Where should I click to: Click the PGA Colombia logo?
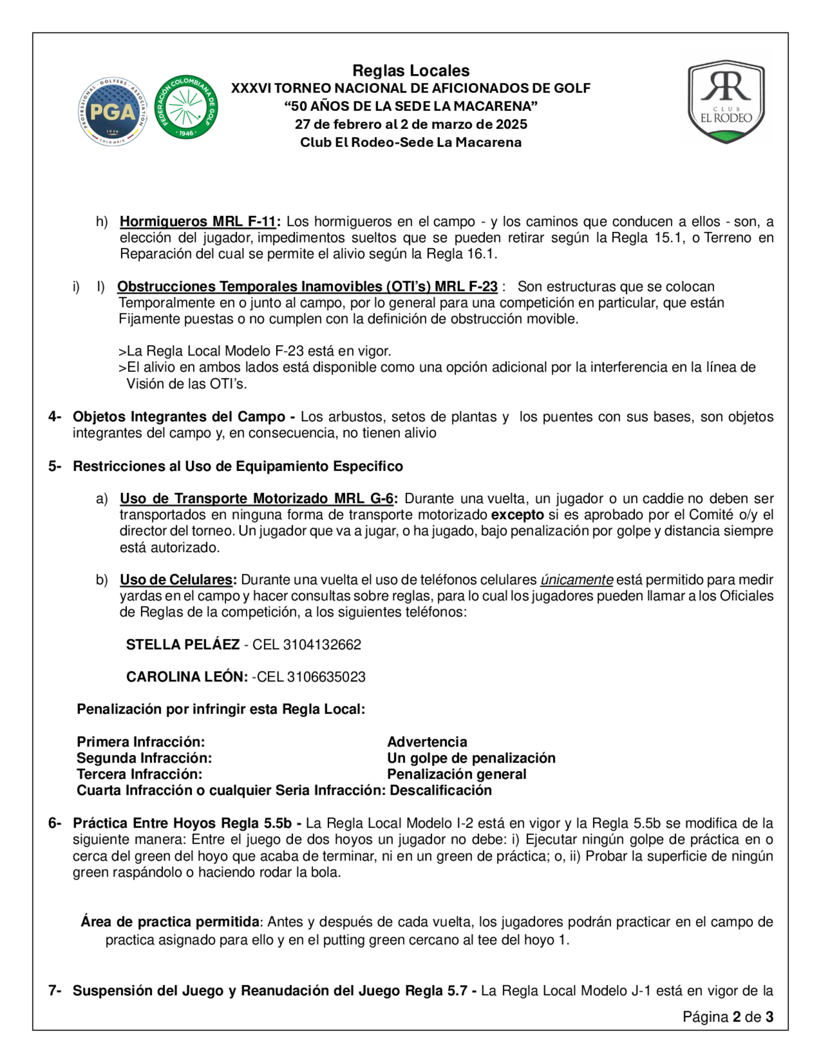point(113,111)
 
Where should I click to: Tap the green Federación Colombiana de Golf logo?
point(186,107)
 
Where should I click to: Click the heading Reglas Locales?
point(410,71)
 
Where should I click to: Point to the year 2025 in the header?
point(511,124)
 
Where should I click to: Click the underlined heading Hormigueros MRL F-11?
point(198,221)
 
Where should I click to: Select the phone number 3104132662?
point(322,644)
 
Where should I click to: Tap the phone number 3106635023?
point(326,676)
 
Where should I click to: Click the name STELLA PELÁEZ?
point(182,644)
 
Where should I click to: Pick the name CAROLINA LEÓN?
point(187,676)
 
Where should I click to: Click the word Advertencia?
point(427,742)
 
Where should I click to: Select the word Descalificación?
point(440,790)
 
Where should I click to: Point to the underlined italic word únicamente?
point(576,580)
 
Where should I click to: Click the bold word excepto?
point(518,515)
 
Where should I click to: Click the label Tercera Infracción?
point(140,774)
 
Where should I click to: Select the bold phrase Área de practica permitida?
point(170,922)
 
